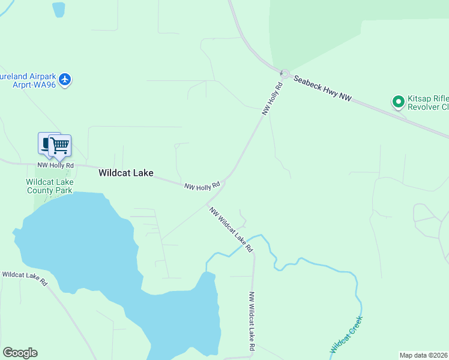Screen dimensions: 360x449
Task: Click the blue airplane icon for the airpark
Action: pos(65,79)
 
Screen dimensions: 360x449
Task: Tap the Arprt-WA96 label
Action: pos(34,85)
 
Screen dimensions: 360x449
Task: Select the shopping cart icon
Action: pos(59,145)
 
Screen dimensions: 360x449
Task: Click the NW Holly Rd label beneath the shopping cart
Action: pos(55,165)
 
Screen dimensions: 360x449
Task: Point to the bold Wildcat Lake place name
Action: pos(125,173)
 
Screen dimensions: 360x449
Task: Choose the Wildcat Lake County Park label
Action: pos(49,187)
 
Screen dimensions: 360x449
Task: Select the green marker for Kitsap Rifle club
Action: pos(398,102)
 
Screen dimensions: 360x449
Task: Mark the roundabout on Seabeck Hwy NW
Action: pos(285,74)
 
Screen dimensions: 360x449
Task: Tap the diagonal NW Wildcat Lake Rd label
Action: pos(231,229)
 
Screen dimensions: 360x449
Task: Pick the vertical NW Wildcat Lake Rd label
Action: pos(252,322)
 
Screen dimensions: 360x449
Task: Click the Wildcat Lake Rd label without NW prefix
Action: pos(24,278)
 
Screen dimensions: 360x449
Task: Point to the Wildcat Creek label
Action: pos(344,339)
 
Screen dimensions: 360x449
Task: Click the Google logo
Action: pos(20,353)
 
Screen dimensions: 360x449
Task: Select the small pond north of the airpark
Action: pos(58,9)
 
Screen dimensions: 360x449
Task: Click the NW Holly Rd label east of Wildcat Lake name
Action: pos(202,187)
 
